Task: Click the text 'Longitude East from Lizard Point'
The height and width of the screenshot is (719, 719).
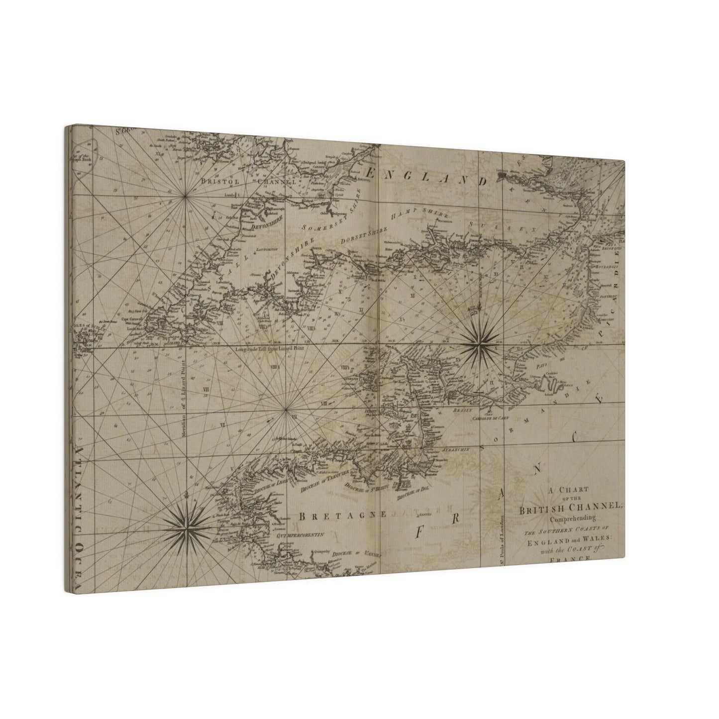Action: pyautogui.click(x=269, y=349)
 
